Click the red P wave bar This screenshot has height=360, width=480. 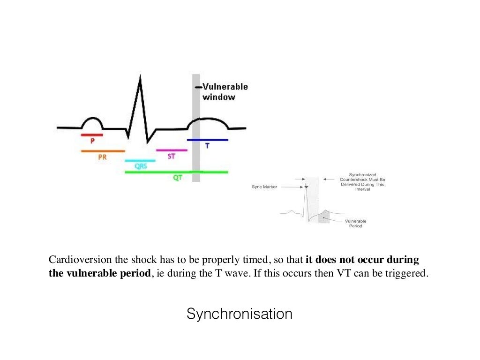click(91, 135)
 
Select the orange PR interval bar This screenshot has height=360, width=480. click(103, 151)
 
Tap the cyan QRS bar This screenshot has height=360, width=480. click(140, 160)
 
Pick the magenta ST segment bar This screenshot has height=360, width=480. click(172, 150)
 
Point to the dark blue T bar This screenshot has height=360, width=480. click(208, 140)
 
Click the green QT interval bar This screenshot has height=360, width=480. click(176, 172)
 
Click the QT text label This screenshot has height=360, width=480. click(178, 178)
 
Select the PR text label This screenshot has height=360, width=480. click(102, 157)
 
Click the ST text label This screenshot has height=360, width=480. click(171, 156)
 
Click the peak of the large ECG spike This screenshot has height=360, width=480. click(139, 77)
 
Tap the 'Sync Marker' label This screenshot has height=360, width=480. click(264, 187)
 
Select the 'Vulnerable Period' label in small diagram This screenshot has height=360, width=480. click(356, 223)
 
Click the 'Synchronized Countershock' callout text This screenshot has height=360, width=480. click(362, 182)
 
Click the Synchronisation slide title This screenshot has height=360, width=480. click(240, 314)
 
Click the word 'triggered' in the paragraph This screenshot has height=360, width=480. click(407, 273)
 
